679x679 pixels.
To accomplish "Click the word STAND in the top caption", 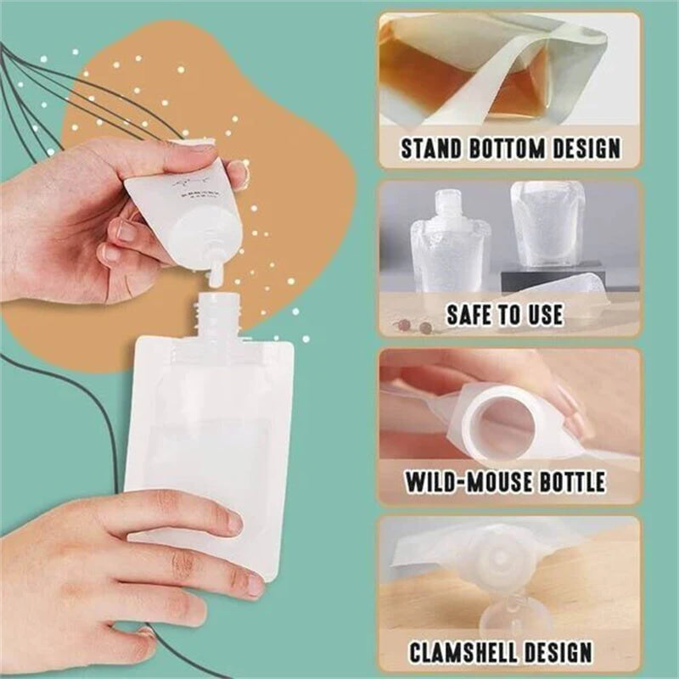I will pyautogui.click(x=432, y=149).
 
